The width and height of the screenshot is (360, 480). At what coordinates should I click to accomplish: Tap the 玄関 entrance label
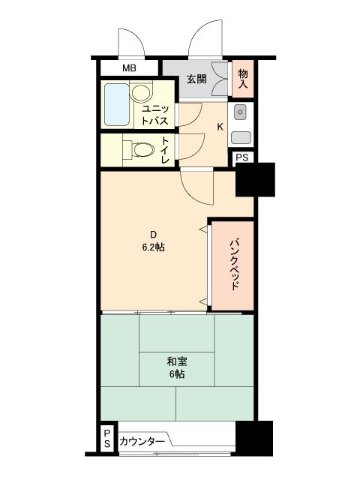click(x=196, y=78)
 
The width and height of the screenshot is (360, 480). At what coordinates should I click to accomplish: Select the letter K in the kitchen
click(x=220, y=126)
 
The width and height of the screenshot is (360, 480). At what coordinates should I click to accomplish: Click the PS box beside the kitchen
click(x=242, y=157)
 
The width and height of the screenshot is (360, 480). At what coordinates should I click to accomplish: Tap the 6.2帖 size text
click(x=154, y=247)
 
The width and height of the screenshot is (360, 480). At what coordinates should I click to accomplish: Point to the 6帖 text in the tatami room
click(x=177, y=374)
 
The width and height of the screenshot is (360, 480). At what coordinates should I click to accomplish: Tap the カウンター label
click(x=142, y=442)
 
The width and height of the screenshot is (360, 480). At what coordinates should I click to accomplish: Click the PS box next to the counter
click(x=107, y=439)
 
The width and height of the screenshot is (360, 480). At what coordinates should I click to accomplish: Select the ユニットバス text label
click(x=158, y=113)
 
